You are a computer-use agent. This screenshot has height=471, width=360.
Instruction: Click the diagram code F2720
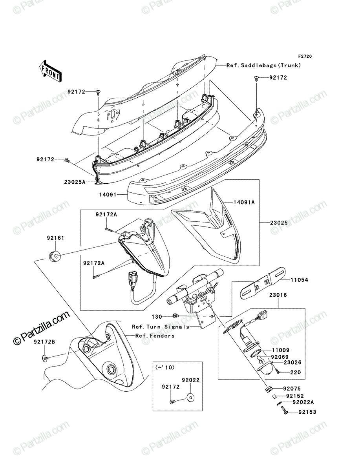point(305,57)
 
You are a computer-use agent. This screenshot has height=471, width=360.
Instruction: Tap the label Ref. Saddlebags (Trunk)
point(264,65)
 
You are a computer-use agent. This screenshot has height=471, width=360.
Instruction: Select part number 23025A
point(75,182)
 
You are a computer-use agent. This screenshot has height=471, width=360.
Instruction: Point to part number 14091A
point(244,202)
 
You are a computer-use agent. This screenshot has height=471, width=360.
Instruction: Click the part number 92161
point(56,238)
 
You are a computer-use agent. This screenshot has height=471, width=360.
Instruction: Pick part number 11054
point(299,280)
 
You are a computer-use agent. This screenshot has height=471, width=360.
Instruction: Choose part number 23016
point(278,295)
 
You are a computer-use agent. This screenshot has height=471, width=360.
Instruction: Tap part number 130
point(157,317)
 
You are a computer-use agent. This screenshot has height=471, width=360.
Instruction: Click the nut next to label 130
point(175,316)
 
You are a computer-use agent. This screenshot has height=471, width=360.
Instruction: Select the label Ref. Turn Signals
point(161,327)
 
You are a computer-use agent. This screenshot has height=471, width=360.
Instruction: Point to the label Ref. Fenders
point(155,336)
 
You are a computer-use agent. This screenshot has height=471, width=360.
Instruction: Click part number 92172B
point(44,342)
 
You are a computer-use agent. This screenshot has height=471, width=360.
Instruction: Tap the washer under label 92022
point(190,397)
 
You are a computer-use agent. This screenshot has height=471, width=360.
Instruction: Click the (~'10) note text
point(164,367)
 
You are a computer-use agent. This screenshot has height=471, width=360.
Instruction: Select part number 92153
point(307,412)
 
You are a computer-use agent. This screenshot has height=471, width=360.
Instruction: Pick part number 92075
point(292,389)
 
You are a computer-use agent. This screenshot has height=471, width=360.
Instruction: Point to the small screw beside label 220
point(278,371)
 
